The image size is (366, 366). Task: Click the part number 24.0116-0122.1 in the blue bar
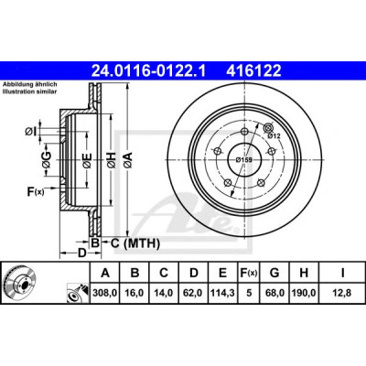point(149,71)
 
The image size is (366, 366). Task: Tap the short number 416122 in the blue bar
point(253,71)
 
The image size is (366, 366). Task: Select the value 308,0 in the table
point(105,293)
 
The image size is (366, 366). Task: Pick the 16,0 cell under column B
point(135,293)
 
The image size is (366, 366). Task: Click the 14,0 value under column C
point(164,293)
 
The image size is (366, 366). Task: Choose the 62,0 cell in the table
point(194,293)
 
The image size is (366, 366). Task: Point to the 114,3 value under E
point(222,293)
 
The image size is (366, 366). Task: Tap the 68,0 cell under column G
point(274,293)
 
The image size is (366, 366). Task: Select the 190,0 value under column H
point(304,293)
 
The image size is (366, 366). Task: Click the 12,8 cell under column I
point(342,293)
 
